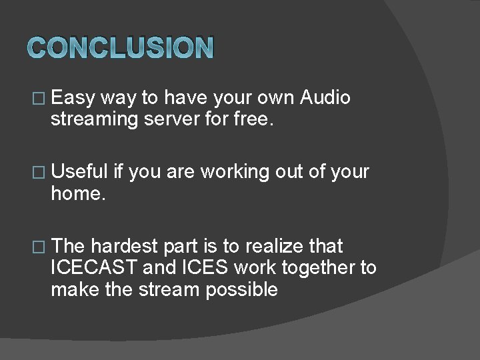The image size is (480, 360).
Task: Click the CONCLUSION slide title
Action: [121, 47]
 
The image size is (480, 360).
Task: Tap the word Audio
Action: [325, 98]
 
